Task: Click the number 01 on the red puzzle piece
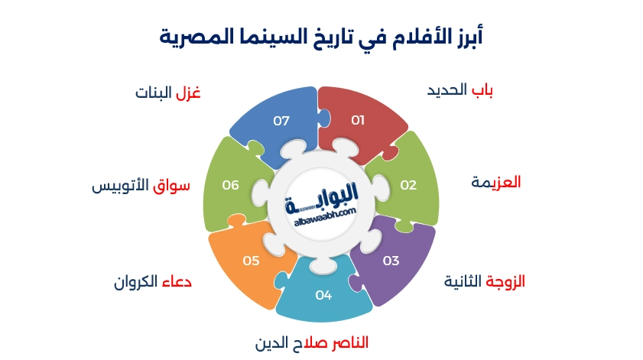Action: click(x=358, y=121)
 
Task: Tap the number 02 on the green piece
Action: click(x=408, y=185)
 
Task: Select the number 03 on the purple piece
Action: click(x=391, y=261)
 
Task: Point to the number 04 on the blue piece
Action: click(x=323, y=294)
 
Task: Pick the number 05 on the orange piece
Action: click(x=252, y=261)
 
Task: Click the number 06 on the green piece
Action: click(x=231, y=185)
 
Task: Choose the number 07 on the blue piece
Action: click(x=282, y=121)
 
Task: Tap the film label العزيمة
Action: click(x=495, y=183)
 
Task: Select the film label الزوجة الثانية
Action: click(x=485, y=281)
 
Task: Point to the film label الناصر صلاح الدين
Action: click(x=312, y=343)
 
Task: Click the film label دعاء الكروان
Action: click(x=152, y=281)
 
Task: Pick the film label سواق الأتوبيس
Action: click(x=141, y=186)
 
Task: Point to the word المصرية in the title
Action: click(x=187, y=34)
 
